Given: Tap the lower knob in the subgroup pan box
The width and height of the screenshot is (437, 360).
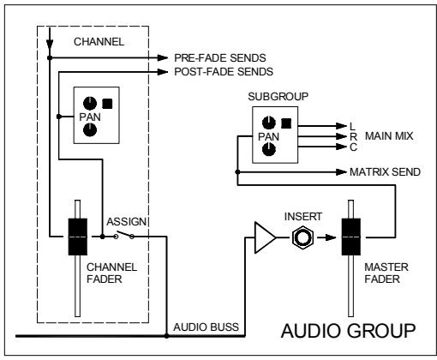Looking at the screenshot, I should coord(271,149).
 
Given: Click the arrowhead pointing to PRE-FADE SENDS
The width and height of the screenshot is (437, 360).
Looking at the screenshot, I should coord(164,57).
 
